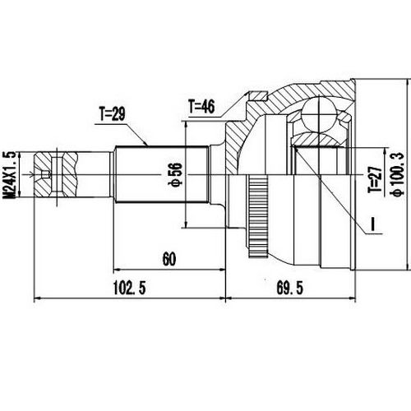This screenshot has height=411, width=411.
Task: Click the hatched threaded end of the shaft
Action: pyautogui.click(x=62, y=173)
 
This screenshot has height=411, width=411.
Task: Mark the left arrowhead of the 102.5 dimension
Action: pyautogui.click(x=36, y=298)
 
